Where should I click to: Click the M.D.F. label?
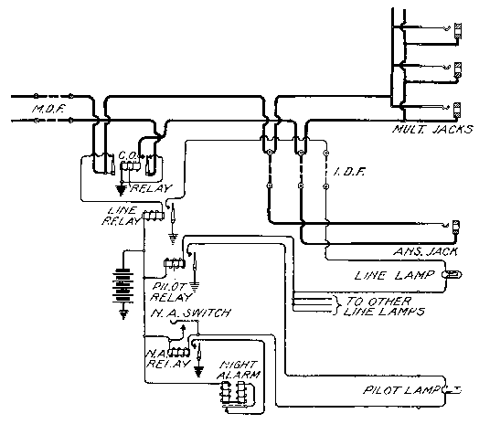click(x=48, y=109)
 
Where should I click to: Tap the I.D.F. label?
click(x=349, y=172)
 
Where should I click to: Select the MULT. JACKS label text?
click(x=432, y=129)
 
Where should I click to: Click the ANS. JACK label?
click(x=426, y=251)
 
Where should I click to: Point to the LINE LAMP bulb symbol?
click(x=452, y=275)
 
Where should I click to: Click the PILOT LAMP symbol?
click(x=452, y=389)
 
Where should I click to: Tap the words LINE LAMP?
click(x=394, y=275)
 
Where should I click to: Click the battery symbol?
click(x=123, y=285)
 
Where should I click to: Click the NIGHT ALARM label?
click(x=239, y=369)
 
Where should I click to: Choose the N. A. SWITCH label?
click(x=191, y=313)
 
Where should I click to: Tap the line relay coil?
click(x=154, y=216)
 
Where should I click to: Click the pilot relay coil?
click(x=175, y=263)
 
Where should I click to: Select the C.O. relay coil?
click(x=130, y=166)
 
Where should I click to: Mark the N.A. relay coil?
click(x=179, y=353)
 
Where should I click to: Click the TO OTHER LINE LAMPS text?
click(x=384, y=306)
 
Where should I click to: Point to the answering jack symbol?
click(x=456, y=227)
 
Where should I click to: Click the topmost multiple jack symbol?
click(x=458, y=31)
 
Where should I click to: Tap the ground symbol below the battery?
click(x=123, y=313)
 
